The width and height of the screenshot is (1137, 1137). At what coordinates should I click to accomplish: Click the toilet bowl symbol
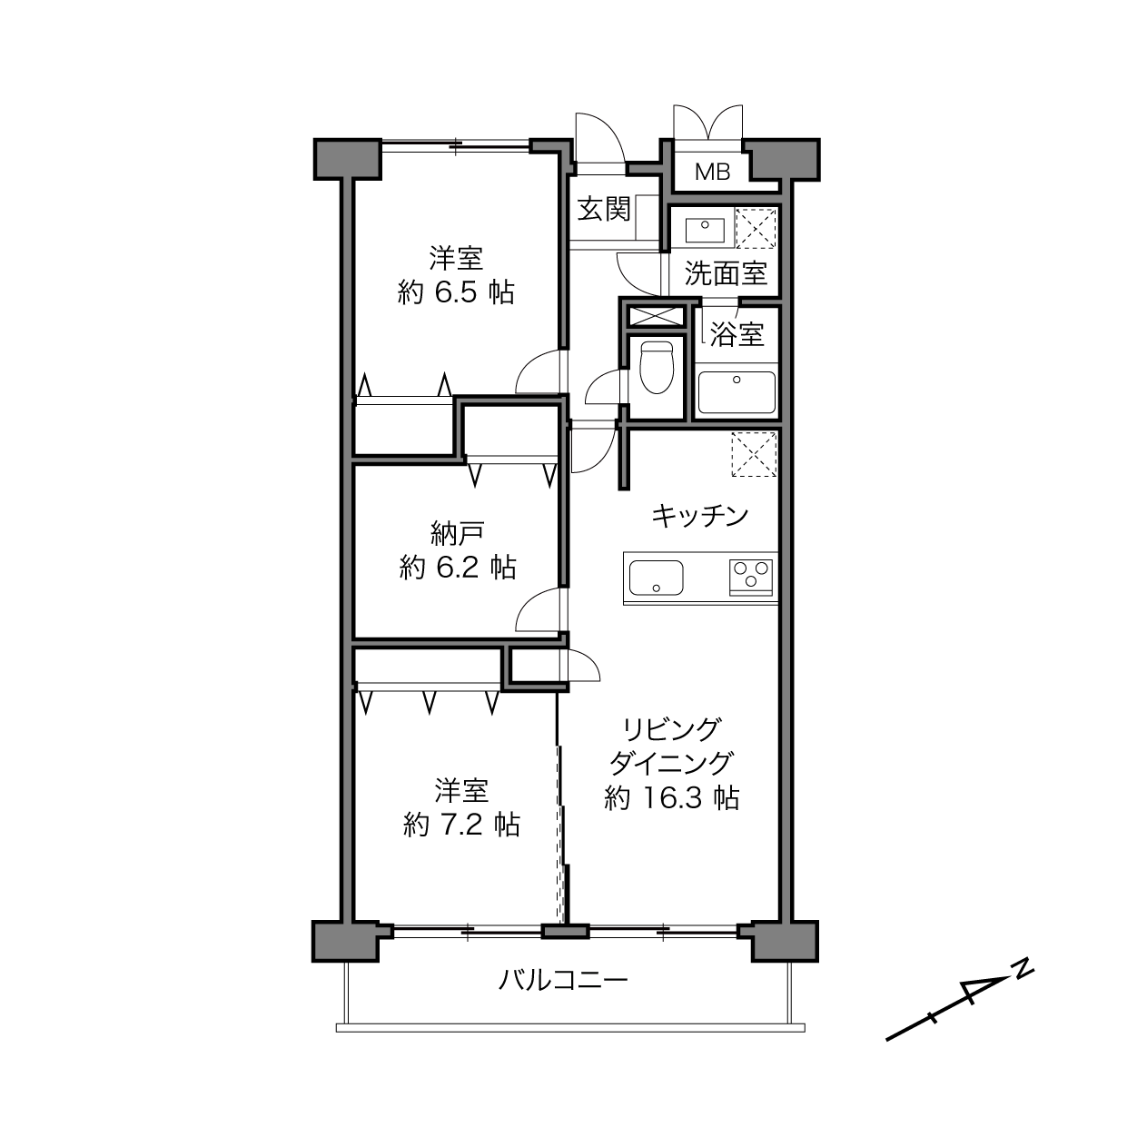(x=656, y=368)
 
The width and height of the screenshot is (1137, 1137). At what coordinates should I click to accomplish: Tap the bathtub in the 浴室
(x=737, y=392)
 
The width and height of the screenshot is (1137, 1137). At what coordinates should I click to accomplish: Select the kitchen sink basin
(x=656, y=578)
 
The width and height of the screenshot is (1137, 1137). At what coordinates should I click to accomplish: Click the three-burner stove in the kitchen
(x=750, y=577)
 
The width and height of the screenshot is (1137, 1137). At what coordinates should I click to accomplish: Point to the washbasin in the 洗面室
(x=705, y=230)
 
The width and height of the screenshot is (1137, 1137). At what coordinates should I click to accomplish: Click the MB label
(x=713, y=172)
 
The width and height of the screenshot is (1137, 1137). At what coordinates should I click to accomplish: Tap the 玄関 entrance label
(x=604, y=209)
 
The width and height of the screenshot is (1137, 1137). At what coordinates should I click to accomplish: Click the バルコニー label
(x=563, y=980)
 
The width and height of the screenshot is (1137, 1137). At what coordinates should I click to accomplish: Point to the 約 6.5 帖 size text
(x=456, y=292)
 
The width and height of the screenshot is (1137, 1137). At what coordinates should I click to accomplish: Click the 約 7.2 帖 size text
(x=461, y=825)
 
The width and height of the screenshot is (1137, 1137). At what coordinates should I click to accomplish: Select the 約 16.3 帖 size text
(x=671, y=797)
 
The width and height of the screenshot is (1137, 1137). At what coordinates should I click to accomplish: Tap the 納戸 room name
(x=458, y=533)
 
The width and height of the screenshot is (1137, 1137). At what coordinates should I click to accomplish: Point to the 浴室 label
(x=737, y=334)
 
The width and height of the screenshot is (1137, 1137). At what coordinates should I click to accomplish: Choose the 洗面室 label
(x=726, y=273)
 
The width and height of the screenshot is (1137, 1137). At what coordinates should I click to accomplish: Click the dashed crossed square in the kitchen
(x=754, y=454)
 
